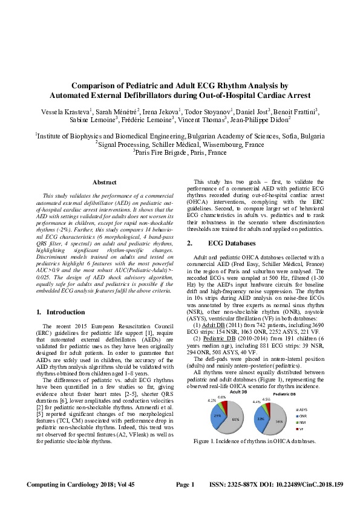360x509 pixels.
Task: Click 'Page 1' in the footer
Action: (185, 485)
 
